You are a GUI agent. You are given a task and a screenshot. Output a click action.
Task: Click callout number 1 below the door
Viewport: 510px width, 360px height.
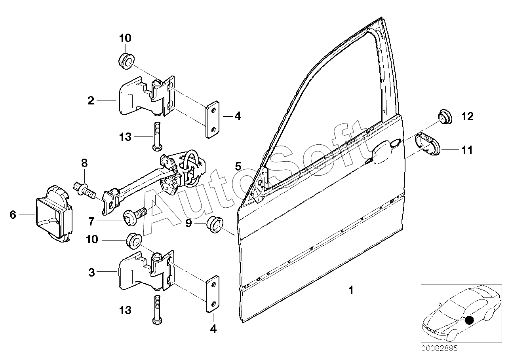tap(351, 290)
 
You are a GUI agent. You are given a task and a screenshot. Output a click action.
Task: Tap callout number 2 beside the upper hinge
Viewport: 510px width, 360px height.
tap(91, 100)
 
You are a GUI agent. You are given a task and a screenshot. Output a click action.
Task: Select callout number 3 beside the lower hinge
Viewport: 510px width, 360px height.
tap(91, 272)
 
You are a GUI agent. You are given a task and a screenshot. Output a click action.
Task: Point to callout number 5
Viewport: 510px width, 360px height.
tap(238, 167)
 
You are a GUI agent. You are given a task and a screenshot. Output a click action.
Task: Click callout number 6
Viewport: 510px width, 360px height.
tap(13, 214)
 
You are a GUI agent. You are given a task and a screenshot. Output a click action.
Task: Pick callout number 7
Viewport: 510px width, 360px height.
tap(91, 221)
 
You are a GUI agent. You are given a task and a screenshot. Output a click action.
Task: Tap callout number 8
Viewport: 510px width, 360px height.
tap(84, 163)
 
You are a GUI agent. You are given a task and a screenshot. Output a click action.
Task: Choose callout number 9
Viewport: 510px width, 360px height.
tap(188, 223)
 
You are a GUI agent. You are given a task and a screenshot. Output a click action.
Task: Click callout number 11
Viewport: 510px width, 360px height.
tap(466, 150)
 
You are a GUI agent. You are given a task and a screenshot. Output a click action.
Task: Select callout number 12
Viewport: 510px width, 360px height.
tap(467, 116)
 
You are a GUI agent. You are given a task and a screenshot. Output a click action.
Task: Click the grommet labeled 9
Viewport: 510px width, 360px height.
tap(215, 225)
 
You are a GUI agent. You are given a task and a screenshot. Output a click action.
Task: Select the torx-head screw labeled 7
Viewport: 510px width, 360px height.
tap(135, 216)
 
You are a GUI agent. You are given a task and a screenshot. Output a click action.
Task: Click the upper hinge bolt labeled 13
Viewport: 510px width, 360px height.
tap(157, 136)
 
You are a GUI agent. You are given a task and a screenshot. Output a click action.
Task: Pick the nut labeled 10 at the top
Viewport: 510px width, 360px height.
tap(127, 57)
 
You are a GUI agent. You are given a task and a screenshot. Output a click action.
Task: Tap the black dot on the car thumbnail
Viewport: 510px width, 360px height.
tap(469, 320)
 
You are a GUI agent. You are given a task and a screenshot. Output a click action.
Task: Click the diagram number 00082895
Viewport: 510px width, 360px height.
tap(439, 348)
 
